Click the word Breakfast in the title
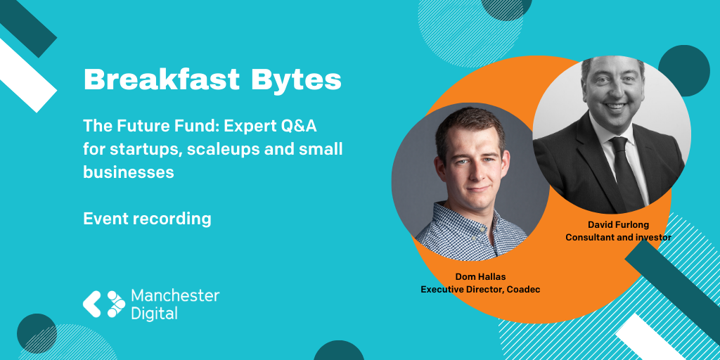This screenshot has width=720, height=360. coord(162,79)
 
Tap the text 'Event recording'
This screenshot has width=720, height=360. coord(147,219)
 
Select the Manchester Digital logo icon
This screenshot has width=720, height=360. coord(104,304)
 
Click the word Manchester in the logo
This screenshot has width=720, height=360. coord(175,296)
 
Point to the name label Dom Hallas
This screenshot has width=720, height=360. coord(480,276)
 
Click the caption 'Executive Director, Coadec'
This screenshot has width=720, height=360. coord(480,289)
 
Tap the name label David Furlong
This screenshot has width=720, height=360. coord(618,224)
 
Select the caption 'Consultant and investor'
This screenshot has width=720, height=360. coord(618,238)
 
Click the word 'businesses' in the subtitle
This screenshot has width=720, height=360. coord(129,172)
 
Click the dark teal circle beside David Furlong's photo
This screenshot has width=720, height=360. coord(683,70)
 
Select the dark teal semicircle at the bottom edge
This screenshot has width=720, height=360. coord(339,352)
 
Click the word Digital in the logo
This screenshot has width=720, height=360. coord(154,314)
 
